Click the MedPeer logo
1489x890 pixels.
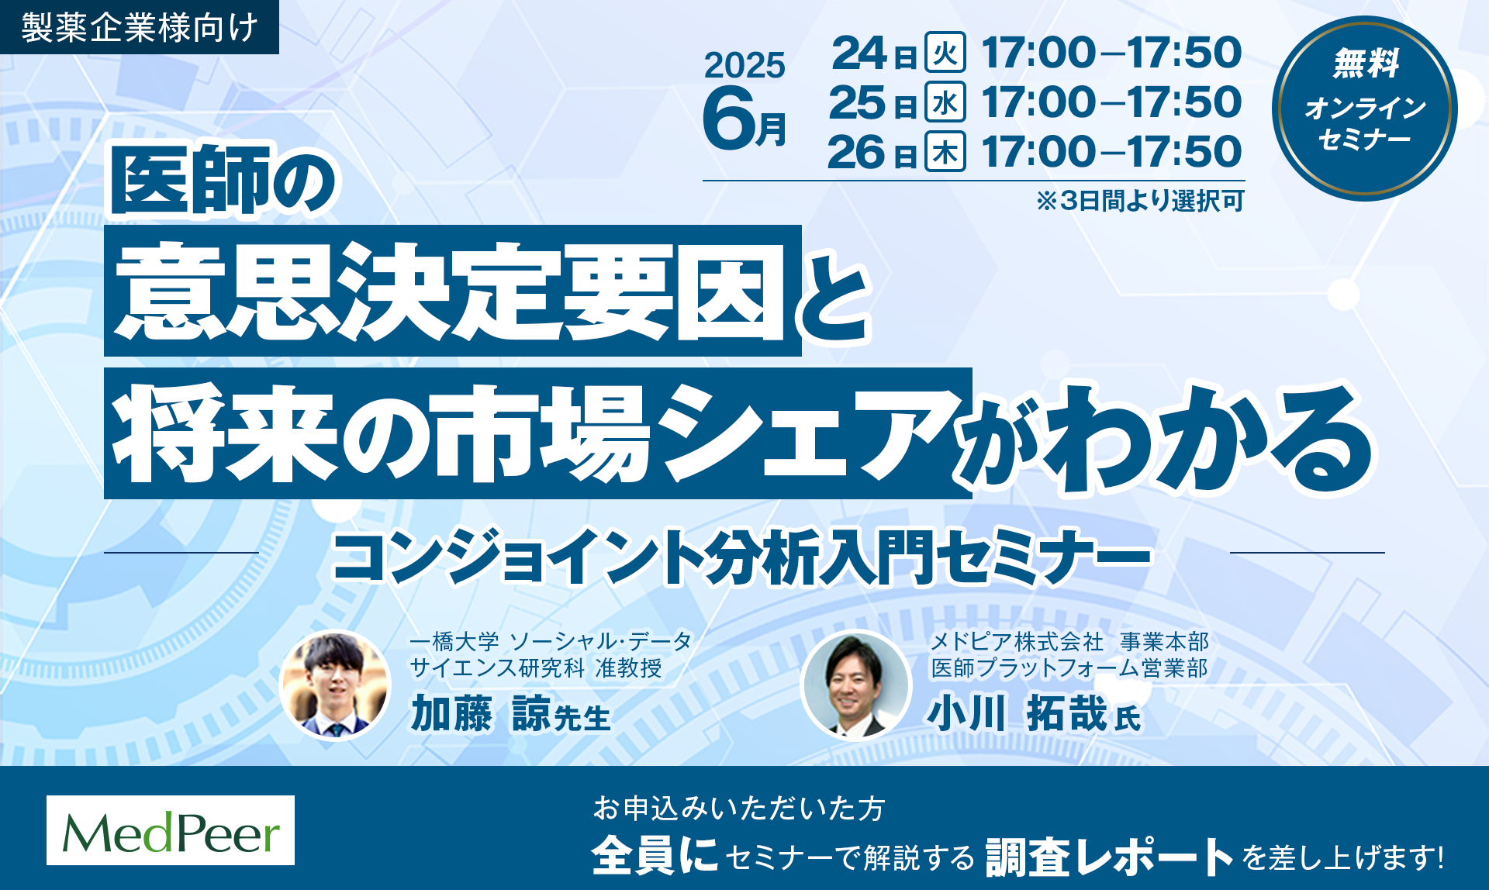(x=171, y=830)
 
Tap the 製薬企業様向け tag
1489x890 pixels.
(x=140, y=27)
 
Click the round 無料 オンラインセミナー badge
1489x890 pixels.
(x=1365, y=109)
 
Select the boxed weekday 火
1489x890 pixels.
(x=945, y=53)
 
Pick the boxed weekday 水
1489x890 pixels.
(x=945, y=102)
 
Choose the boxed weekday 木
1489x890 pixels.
(x=945, y=152)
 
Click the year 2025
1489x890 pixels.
(x=744, y=65)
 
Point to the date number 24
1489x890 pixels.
(x=859, y=53)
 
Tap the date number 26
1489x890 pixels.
(x=856, y=152)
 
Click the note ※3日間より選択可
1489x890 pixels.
(x=1140, y=201)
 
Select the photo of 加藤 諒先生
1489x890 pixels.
(x=335, y=685)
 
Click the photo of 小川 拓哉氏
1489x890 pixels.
(x=856, y=685)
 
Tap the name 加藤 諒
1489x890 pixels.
(x=481, y=713)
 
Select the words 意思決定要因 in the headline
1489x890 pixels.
(x=452, y=291)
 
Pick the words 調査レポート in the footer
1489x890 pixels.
(x=1110, y=857)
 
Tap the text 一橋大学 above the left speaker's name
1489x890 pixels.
(x=454, y=642)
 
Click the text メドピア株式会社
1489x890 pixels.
(x=1016, y=642)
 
